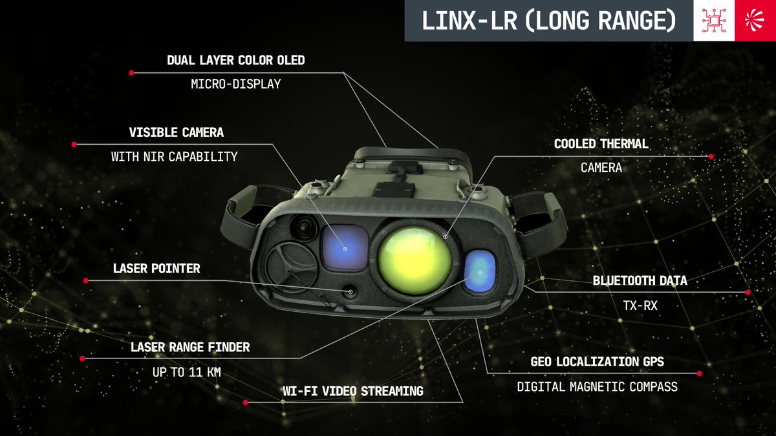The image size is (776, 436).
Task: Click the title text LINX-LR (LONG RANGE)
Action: tap(549, 21)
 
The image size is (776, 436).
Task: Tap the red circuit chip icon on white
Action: tap(714, 21)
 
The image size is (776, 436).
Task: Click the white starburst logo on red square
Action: tap(755, 21)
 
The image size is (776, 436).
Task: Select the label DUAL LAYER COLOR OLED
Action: tap(236, 60)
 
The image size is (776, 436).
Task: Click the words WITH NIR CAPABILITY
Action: tap(174, 156)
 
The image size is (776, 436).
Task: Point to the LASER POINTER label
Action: tap(156, 269)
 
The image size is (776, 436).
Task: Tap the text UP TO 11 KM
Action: tap(187, 372)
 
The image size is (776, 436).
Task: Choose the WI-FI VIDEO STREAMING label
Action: tap(353, 391)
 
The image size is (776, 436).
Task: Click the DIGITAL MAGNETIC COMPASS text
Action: tap(598, 386)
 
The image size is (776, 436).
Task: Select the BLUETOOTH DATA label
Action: tap(640, 280)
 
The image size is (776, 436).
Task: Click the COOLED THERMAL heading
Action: tap(601, 143)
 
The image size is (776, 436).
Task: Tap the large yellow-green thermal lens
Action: tap(415, 260)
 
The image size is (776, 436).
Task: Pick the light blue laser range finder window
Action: tap(480, 273)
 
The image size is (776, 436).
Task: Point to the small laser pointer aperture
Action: tap(350, 292)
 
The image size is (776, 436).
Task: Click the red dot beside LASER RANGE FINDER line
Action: tap(82, 358)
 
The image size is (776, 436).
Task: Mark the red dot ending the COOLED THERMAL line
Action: tap(711, 156)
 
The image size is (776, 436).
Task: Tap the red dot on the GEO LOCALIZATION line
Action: tap(700, 373)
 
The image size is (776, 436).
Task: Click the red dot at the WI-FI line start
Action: tap(246, 402)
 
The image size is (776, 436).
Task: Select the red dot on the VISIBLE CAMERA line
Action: tap(74, 144)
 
